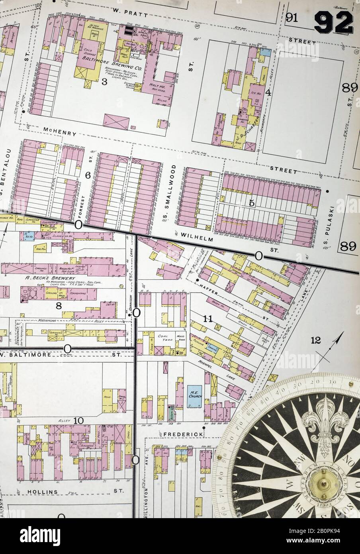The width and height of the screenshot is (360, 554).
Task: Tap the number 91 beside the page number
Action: point(293,18)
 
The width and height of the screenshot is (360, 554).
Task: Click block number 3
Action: point(104,82)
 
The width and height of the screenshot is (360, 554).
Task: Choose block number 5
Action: point(251,203)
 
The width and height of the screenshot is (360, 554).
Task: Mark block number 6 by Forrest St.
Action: point(88,175)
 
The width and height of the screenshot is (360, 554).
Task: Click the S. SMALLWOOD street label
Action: point(167,193)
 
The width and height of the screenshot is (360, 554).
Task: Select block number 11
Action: point(207,318)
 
